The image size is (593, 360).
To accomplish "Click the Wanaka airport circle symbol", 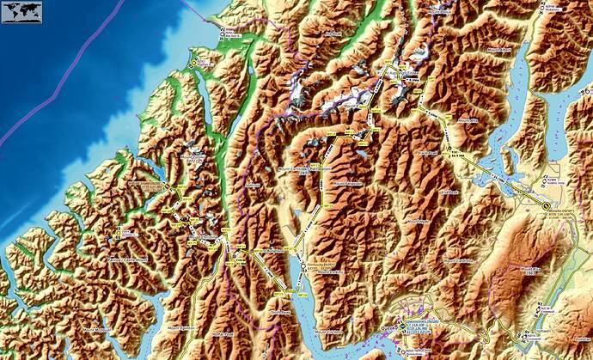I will point(545,205).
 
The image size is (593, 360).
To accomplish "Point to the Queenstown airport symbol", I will point(398,327).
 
